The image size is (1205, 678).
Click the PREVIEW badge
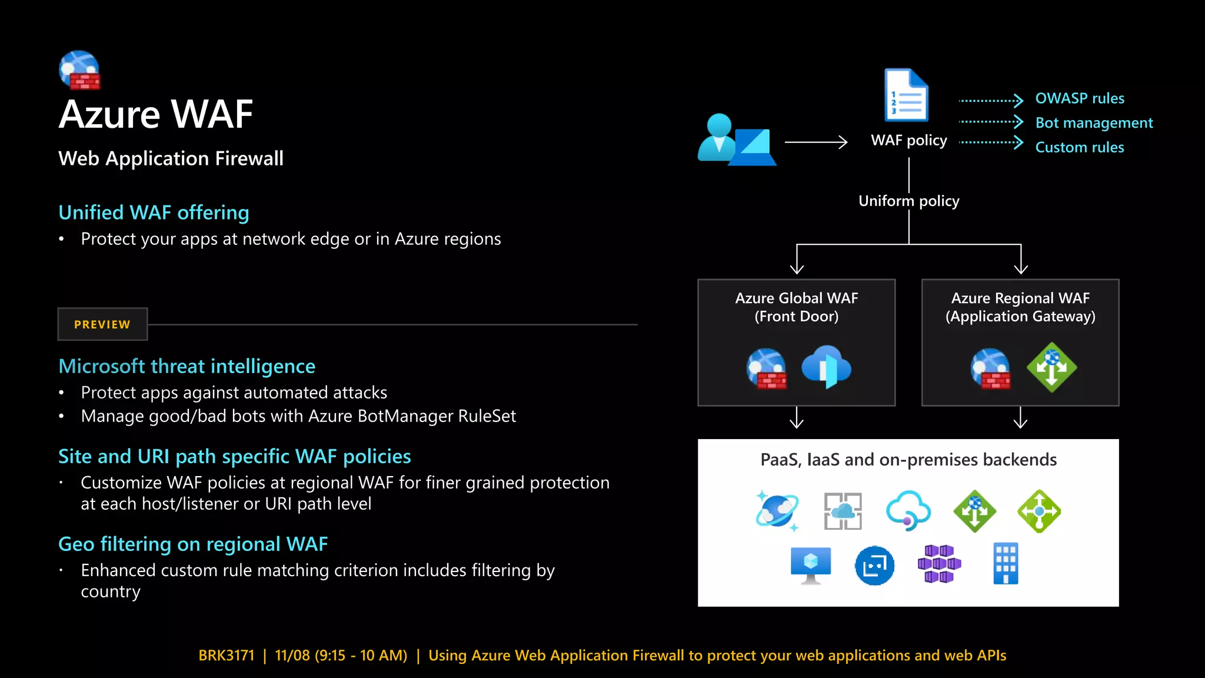102,324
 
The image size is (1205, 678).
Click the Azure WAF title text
156,114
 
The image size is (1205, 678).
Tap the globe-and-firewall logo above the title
80,70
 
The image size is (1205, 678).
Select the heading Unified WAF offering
154,212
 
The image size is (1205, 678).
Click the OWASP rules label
1079,98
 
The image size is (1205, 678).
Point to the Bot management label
1093,123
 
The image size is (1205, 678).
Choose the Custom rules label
1079,147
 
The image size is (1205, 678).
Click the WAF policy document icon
906,95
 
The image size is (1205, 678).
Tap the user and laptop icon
736,140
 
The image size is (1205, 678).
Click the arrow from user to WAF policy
815,142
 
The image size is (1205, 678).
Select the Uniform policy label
908,201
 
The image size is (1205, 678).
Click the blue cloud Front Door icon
826,367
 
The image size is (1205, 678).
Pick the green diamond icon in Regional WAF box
1051,367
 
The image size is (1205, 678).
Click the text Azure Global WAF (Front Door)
796,307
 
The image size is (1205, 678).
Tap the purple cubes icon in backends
939,564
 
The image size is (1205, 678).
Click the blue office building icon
1005,564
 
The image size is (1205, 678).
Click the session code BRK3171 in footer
227,656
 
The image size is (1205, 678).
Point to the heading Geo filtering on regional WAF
193,544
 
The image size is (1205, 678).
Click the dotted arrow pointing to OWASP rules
991,101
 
